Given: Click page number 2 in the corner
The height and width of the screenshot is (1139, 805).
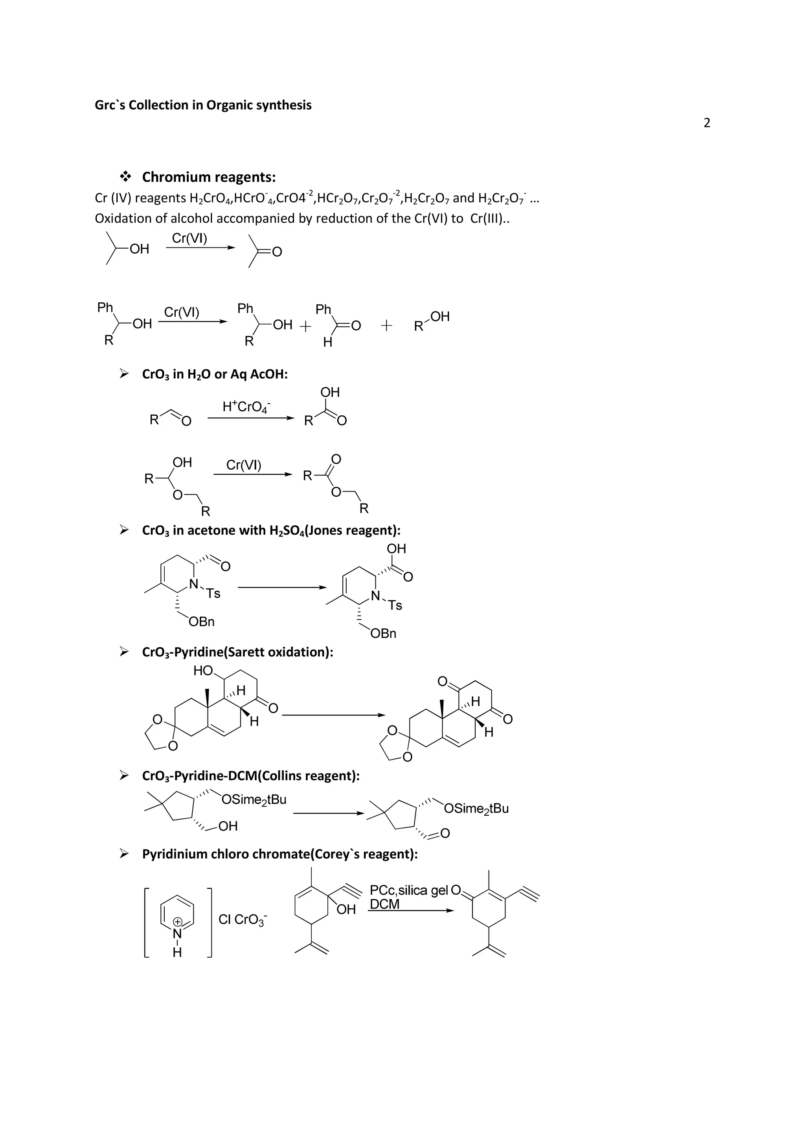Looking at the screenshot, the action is tap(706, 123).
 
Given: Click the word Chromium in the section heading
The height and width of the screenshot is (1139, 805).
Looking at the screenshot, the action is tap(176, 177).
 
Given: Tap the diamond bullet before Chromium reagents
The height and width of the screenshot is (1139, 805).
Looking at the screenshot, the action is tap(125, 176).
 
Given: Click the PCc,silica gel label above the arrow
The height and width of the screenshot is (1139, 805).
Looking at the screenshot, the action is tap(409, 890).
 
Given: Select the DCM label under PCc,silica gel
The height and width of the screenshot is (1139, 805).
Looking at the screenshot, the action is tap(385, 904).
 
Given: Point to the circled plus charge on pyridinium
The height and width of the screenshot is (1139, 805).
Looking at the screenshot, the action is tap(177, 922).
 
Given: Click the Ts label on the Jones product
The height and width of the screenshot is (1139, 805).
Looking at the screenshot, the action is tap(395, 605).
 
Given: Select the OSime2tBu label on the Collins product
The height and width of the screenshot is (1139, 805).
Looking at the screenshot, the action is tap(476, 809).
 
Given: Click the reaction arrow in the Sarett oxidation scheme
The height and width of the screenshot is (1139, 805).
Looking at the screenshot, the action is tap(333, 715).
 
